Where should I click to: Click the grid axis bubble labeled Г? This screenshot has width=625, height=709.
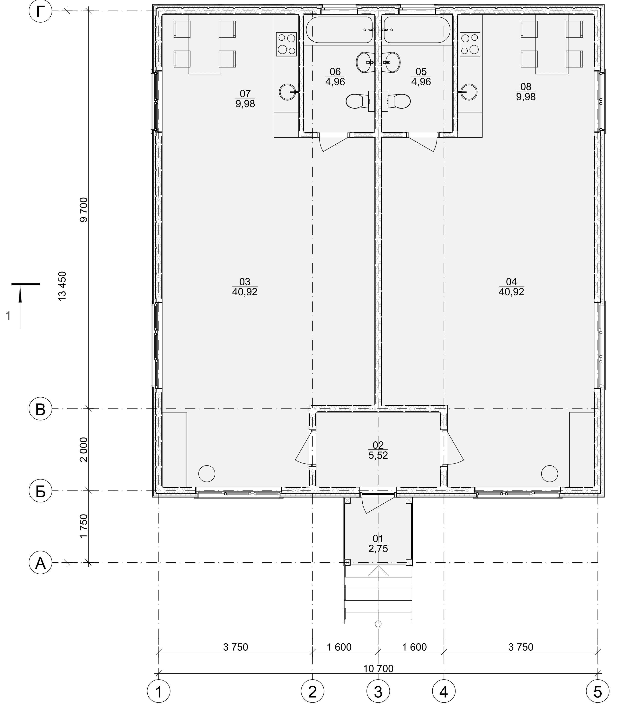[41, 11]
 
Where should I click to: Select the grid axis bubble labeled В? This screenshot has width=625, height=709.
[41, 409]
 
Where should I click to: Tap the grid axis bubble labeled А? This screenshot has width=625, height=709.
[41, 562]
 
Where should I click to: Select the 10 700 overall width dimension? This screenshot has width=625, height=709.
[378, 668]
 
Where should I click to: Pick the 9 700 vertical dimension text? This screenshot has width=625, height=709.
[84, 210]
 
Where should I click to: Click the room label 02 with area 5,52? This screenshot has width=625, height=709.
[378, 450]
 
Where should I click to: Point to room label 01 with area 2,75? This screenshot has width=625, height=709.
[378, 543]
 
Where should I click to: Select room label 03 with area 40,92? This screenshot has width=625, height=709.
[245, 287]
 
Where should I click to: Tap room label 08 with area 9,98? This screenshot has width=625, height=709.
[526, 92]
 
